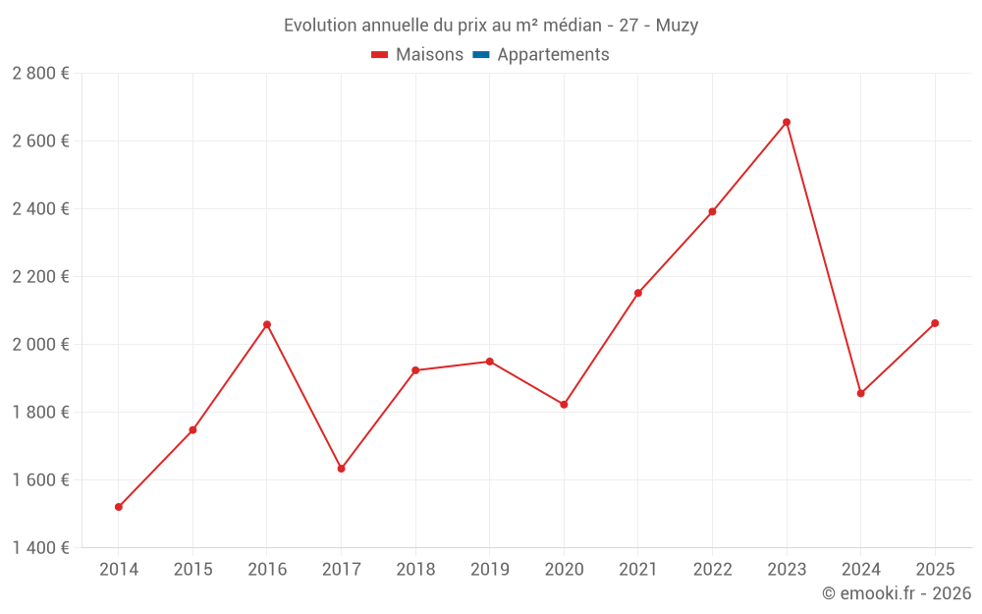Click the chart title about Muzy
[491, 26]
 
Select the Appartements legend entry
[541, 55]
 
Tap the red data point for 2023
[787, 122]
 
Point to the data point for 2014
[119, 507]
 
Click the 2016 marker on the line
[267, 324]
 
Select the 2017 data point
[341, 469]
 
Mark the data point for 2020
[564, 405]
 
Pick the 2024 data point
[860, 393]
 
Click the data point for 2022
[712, 211]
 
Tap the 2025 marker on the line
[935, 323]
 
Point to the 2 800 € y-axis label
[40, 74]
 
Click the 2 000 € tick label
[40, 345]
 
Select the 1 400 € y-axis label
[40, 548]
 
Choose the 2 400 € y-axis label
[40, 209]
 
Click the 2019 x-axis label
[489, 570]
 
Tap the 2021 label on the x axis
[637, 570]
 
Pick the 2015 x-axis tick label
[192, 570]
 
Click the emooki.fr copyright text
[896, 593]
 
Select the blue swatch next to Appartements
[481, 55]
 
